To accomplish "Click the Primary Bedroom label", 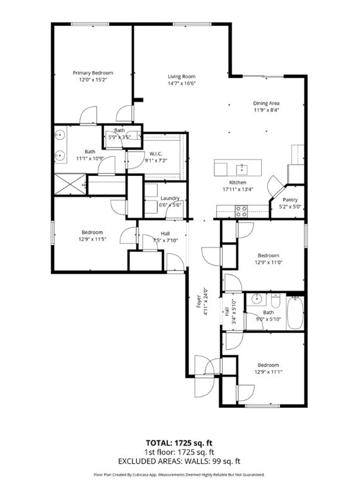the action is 93,73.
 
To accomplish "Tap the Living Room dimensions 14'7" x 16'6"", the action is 182,83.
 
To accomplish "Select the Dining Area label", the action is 266,103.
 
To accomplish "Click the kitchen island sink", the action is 241,168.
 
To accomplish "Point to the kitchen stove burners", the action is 241,211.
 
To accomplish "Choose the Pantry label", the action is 290,200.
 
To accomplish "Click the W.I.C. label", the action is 156,154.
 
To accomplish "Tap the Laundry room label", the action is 170,198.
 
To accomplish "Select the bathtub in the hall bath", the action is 295,313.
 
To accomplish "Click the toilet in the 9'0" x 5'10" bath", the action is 275,301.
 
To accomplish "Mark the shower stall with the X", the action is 70,184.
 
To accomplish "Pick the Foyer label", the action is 199,302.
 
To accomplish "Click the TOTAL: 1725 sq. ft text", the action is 179,443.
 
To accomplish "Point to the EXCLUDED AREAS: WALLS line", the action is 179,461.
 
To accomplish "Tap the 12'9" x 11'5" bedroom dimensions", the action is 92,239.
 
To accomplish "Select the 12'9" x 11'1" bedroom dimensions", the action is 269,372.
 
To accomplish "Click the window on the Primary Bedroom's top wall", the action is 90,24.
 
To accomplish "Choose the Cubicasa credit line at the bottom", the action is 179,475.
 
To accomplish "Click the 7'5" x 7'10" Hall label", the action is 165,237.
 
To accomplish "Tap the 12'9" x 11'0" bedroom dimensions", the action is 269,262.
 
